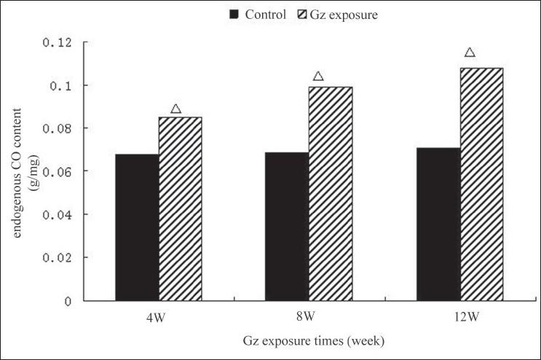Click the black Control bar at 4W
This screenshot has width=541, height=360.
click(x=137, y=227)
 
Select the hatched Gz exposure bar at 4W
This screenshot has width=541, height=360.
click(x=180, y=208)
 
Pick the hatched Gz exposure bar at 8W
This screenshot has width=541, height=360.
click(x=331, y=193)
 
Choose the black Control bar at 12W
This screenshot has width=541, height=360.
click(x=438, y=224)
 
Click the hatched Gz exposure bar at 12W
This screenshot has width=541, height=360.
click(x=481, y=184)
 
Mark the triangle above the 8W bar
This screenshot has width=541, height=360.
click(x=317, y=77)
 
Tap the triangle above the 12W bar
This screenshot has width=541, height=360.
click(x=470, y=52)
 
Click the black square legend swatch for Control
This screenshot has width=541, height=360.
click(x=234, y=15)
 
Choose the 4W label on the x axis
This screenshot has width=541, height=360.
click(x=154, y=318)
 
